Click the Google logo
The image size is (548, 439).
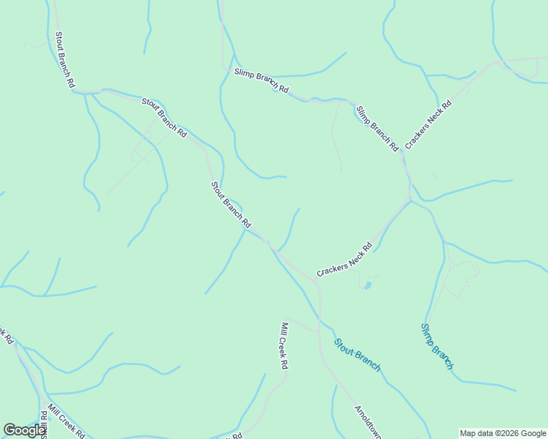pos(25,430)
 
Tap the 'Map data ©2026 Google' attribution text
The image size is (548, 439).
pos(502,433)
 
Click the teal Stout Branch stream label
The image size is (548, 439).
pos(358,354)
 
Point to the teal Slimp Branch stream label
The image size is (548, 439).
pos(437,346)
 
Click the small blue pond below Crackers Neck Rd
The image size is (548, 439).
pos(368,285)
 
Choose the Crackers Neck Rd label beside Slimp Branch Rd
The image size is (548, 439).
pos(428,125)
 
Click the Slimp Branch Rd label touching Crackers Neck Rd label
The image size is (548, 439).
pos(377,128)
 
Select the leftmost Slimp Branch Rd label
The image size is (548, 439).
pos(262,81)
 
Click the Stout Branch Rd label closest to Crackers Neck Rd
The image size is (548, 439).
pos(231,204)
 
